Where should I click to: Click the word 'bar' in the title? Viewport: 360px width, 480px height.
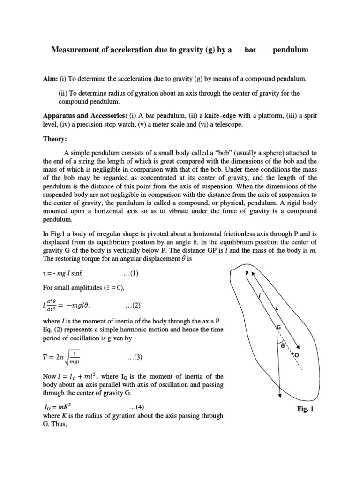(x=250, y=50)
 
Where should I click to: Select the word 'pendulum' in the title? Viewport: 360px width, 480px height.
(x=291, y=50)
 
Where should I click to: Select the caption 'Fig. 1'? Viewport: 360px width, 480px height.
(x=305, y=409)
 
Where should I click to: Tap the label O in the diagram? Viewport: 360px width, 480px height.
(x=297, y=356)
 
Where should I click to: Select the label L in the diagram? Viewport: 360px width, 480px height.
(x=277, y=307)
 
